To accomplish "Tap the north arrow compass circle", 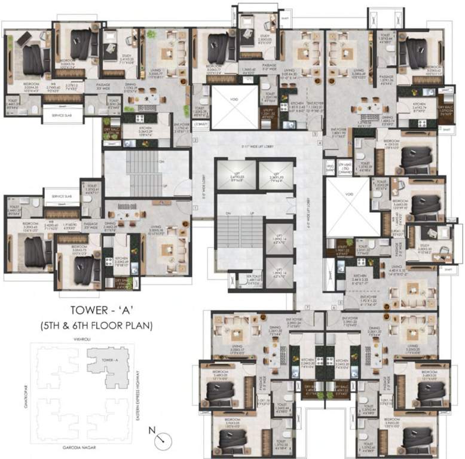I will pyautogui.click(x=160, y=441).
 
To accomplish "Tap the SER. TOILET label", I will pyautogui.click(x=254, y=277).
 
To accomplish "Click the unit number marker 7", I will pyautogui.click(x=307, y=307).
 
